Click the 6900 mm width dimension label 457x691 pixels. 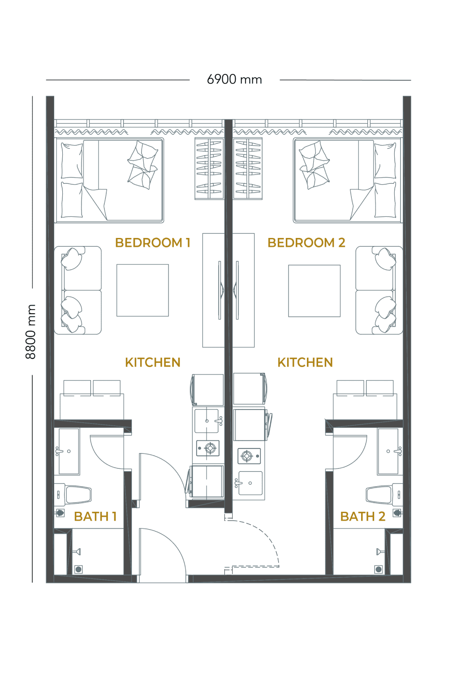point(234,80)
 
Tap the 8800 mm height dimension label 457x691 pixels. point(30,332)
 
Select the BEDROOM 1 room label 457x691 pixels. point(153,243)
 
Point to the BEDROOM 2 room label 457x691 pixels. point(306,243)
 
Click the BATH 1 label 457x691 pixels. point(95,516)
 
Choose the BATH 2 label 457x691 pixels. point(362,516)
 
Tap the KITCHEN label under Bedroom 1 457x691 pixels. point(153,363)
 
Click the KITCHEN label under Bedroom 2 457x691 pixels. point(305,363)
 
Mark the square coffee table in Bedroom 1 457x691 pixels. point(142,290)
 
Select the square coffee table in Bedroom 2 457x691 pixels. point(314,291)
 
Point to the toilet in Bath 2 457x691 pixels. point(384,494)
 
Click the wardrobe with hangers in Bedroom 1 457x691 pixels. point(209,169)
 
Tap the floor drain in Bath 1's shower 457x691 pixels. point(78,570)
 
